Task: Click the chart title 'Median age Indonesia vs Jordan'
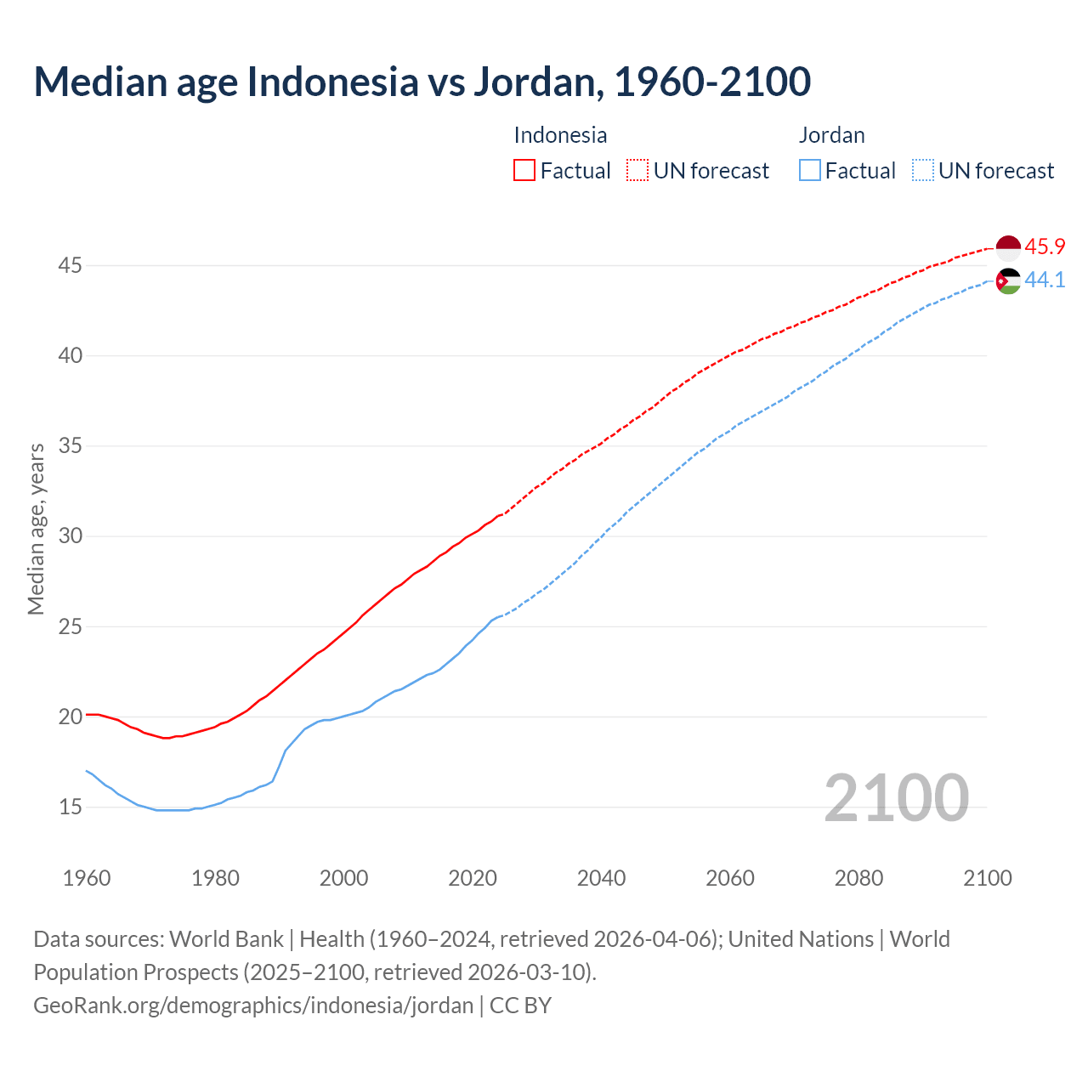[422, 82]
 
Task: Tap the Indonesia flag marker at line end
[1008, 247]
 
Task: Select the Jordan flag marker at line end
[1008, 280]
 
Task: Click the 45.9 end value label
[1045, 247]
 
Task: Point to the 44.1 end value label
[1045, 280]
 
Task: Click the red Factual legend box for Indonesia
[524, 171]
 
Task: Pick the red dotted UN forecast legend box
[637, 171]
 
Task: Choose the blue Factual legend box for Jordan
[810, 171]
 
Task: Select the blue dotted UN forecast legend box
[923, 171]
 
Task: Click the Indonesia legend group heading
[560, 135]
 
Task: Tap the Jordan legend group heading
[831, 135]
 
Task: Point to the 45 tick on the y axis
[70, 266]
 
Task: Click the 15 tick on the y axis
[70, 807]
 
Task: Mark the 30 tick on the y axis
[70, 536]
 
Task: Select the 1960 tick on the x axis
[87, 878]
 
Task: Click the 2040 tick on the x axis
[601, 878]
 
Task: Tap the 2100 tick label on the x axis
[988, 878]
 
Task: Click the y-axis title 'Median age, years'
[36, 529]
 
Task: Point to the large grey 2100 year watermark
[896, 798]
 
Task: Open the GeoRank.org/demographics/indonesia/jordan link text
[253, 1006]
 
